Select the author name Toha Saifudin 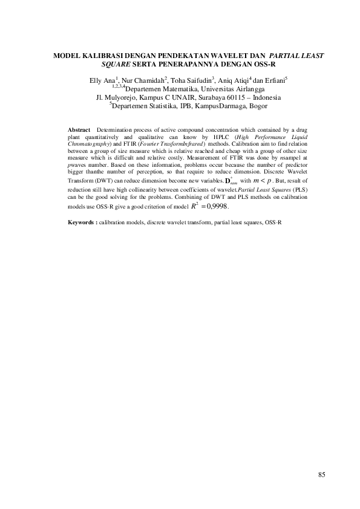(188, 80)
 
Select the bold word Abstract (79, 130)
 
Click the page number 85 (321, 475)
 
